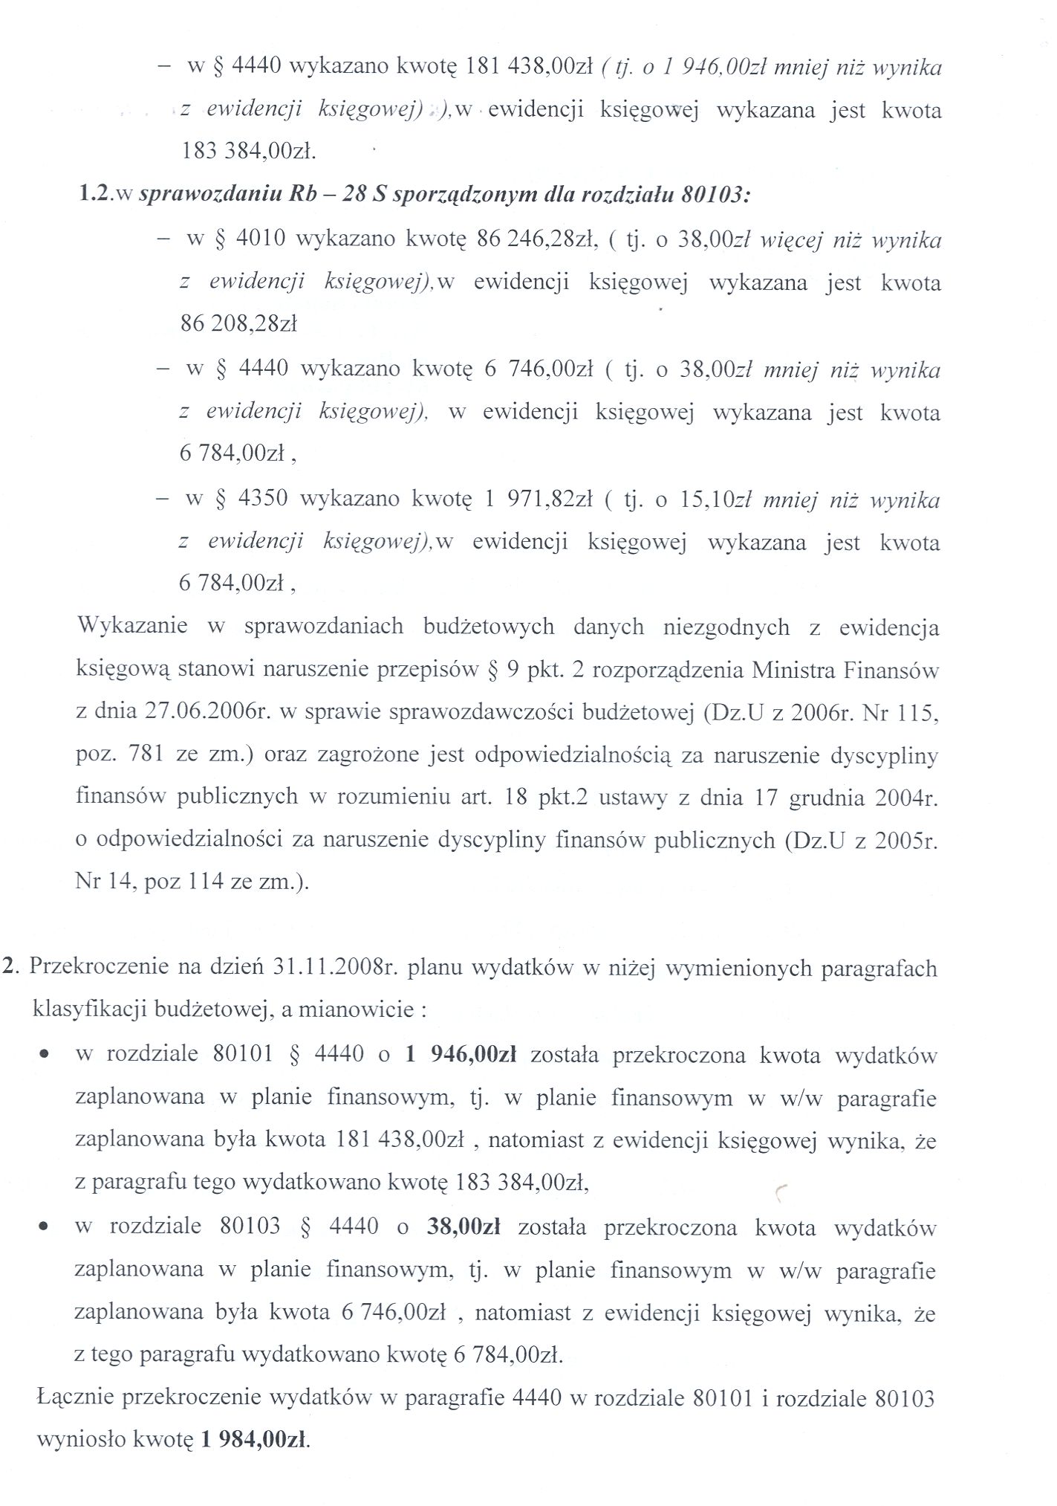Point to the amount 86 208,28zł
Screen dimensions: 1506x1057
[238, 324]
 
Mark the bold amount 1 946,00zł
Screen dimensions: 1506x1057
[461, 1054]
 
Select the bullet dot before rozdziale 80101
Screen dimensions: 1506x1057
[46, 1056]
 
